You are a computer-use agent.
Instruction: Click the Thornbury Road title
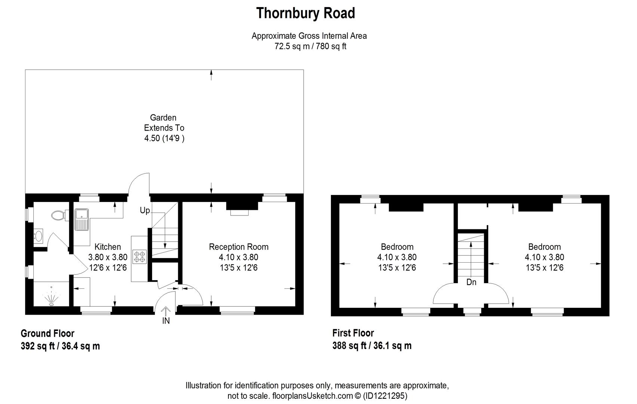305,13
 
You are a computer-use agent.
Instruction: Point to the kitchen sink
81,218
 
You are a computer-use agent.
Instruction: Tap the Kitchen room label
108,247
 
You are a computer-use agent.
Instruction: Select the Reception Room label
239,247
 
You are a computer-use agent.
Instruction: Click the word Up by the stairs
145,211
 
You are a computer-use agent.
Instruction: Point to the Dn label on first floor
471,282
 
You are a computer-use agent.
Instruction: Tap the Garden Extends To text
164,123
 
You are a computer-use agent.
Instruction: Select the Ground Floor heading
47,333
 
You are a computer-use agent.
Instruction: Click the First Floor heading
353,333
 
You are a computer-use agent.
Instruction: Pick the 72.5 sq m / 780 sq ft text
310,47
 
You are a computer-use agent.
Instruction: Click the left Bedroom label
397,247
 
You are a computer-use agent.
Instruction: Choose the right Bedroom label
544,247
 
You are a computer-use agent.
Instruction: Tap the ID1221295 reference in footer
385,396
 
